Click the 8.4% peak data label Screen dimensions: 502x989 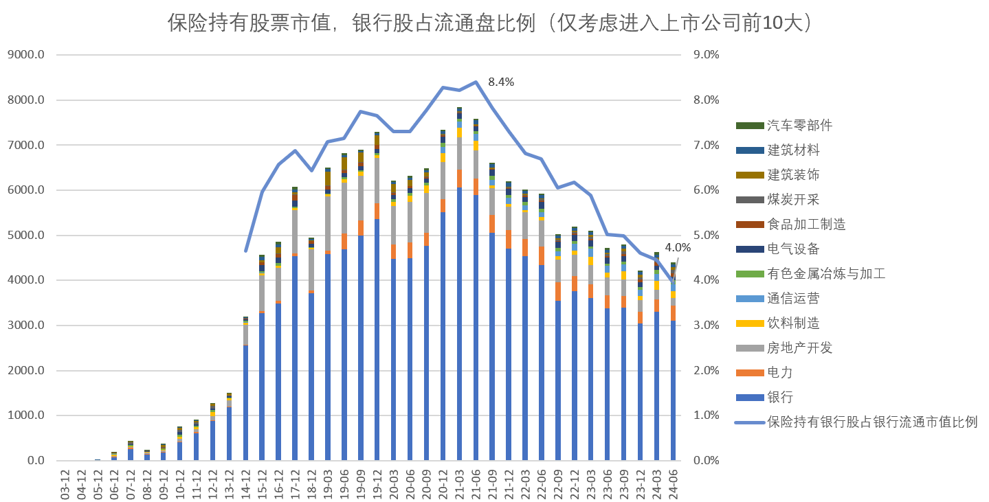[501, 82]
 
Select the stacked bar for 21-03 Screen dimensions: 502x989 [459, 288]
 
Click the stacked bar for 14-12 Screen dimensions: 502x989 [246, 391]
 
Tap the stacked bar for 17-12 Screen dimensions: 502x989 [295, 330]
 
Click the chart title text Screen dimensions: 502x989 [494, 23]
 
